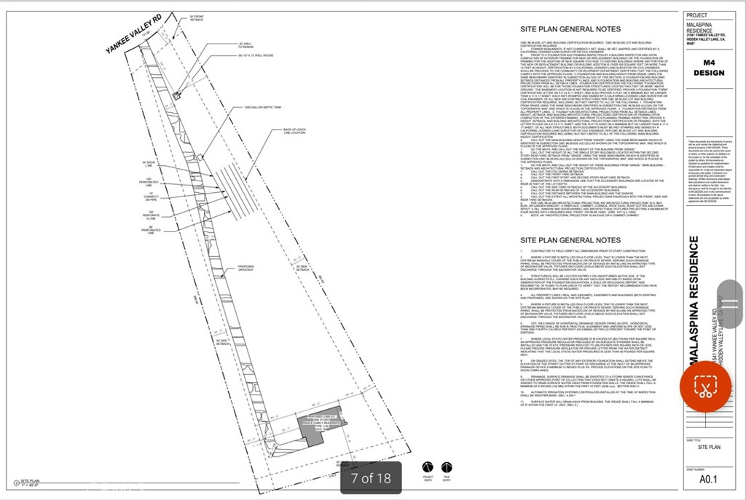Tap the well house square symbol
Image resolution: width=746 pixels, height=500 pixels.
tap(176, 95)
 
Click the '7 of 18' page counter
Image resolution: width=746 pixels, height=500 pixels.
tap(371, 478)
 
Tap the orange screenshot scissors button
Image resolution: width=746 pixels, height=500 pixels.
tap(705, 386)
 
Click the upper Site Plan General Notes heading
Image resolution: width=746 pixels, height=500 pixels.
tap(570, 30)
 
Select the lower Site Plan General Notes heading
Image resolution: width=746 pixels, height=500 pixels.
tap(570, 239)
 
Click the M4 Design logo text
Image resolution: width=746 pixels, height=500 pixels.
tap(709, 68)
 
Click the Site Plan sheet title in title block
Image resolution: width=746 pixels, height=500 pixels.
tap(709, 448)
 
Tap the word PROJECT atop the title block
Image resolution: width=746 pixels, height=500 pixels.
tap(697, 16)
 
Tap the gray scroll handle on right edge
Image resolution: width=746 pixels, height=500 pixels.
tap(730, 304)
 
